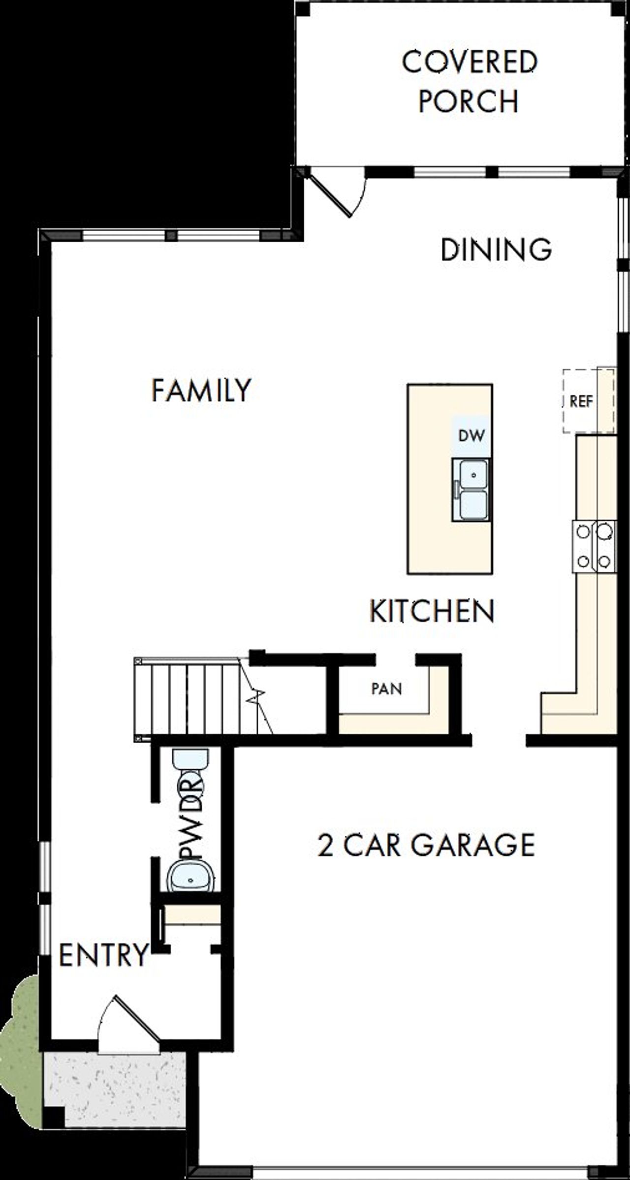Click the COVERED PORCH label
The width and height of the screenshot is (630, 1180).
tap(469, 81)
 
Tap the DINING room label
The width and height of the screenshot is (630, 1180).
tap(496, 249)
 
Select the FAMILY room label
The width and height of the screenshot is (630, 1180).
tap(201, 390)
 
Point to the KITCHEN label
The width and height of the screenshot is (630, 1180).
tap(432, 611)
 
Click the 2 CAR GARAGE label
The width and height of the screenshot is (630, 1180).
tap(426, 845)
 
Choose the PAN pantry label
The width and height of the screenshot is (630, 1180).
tap(386, 688)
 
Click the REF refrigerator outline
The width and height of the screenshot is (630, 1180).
tap(588, 401)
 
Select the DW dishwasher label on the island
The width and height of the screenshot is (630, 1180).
tap(471, 435)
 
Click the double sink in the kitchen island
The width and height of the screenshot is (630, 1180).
tap(472, 490)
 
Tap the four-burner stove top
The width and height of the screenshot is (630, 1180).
tap(594, 547)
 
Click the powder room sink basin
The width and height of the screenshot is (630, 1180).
tap(190, 878)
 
